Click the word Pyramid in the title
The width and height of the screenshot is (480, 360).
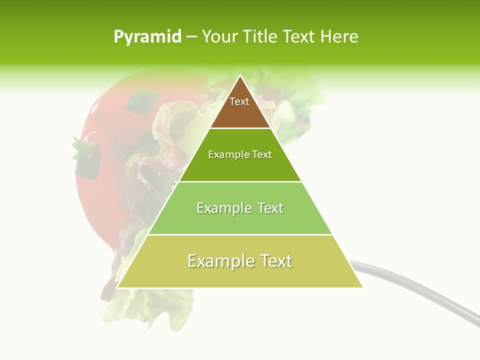point(147,37)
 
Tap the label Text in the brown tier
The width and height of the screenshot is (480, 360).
point(239,101)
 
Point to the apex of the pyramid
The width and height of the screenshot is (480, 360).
point(240,76)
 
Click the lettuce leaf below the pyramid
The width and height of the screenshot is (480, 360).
point(150,305)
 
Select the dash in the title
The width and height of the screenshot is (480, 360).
point(191,37)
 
